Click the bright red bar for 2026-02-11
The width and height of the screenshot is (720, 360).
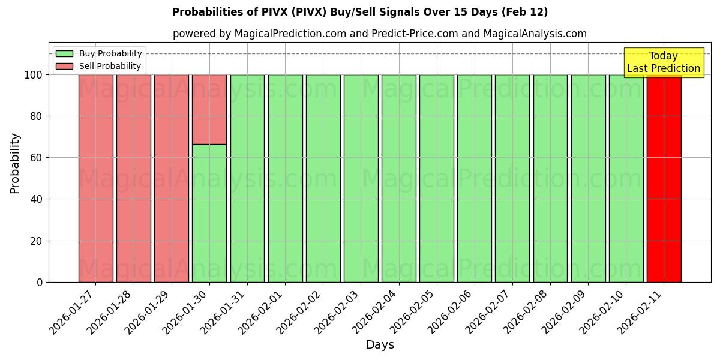pos(664,178)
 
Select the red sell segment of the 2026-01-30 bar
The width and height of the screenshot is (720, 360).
pos(209,109)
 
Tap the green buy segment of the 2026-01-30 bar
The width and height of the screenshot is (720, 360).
pos(209,213)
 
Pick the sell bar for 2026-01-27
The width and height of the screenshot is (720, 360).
pos(96,178)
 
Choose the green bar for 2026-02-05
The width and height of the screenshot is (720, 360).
pos(436,178)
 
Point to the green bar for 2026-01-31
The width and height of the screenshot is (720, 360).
pos(247,178)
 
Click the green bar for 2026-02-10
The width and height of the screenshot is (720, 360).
pos(626,178)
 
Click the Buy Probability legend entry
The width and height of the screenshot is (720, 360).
pos(99,53)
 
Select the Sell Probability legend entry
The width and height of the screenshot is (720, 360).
pos(99,66)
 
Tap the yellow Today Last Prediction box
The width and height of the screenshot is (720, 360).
pos(663,62)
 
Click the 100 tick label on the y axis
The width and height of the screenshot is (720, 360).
pos(34,75)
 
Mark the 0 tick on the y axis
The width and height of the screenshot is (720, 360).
pos(40,282)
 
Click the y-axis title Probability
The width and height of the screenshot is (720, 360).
pos(15,163)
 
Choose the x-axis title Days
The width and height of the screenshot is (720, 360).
pos(380,345)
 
